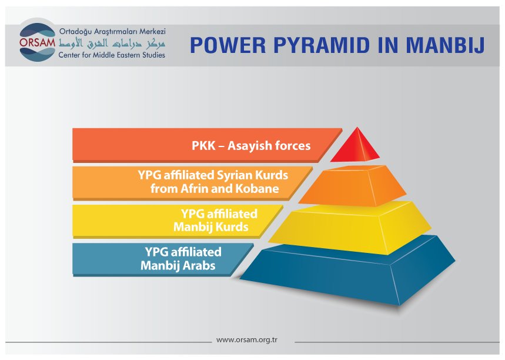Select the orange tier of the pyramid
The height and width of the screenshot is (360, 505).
click(x=353, y=186)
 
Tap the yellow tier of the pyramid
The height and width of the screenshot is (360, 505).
click(x=350, y=228)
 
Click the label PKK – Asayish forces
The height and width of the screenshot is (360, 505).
click(x=251, y=146)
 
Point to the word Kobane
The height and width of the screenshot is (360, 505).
click(x=257, y=189)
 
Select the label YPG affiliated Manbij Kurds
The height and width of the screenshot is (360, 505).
click(x=215, y=220)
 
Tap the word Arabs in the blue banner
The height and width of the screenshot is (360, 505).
click(x=199, y=265)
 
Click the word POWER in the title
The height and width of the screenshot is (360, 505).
click(x=228, y=45)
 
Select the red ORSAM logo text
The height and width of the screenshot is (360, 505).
click(x=38, y=42)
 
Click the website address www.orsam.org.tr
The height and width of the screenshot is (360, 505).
click(x=247, y=339)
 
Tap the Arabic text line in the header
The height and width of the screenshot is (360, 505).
click(x=112, y=44)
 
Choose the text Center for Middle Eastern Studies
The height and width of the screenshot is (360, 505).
click(x=112, y=55)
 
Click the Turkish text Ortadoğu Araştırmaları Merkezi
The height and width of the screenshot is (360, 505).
click(x=112, y=32)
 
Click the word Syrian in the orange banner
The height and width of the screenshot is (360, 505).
click(x=235, y=175)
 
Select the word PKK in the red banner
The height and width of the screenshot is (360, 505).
click(x=203, y=146)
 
